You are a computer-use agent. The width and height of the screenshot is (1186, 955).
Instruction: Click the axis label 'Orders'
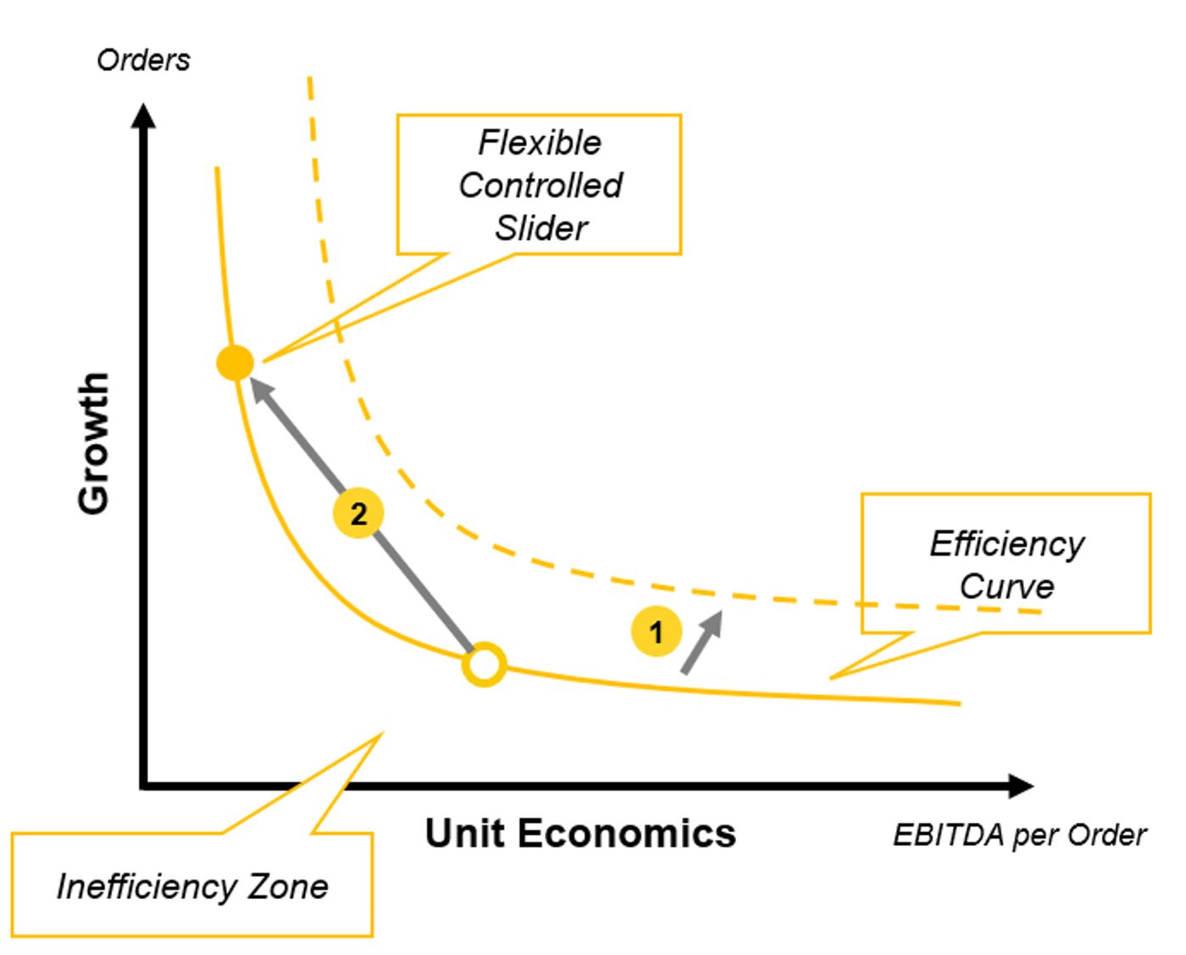(x=143, y=60)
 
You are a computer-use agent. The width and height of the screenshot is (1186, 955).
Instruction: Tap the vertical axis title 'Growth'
(x=94, y=442)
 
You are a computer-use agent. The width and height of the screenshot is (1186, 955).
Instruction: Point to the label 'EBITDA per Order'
(x=1019, y=836)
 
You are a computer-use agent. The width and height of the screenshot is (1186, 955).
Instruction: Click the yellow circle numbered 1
(x=656, y=631)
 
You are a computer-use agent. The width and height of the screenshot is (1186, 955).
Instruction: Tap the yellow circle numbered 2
(x=358, y=514)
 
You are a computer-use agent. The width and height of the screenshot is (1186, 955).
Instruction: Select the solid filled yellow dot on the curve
(x=235, y=363)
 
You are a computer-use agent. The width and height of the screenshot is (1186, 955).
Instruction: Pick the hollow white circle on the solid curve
(x=485, y=664)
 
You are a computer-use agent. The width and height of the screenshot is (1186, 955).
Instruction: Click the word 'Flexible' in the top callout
(x=540, y=142)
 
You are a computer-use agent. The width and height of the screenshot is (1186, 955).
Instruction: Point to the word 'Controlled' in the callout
(x=540, y=185)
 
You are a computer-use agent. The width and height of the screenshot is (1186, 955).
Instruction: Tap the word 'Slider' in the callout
(x=541, y=228)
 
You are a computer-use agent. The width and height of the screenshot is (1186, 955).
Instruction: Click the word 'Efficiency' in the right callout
(x=1006, y=543)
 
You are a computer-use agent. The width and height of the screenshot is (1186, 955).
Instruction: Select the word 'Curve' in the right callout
(x=1006, y=586)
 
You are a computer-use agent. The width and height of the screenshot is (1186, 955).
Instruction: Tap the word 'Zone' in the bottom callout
(x=288, y=886)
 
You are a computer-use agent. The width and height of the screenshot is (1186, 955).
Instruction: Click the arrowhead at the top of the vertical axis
(x=144, y=116)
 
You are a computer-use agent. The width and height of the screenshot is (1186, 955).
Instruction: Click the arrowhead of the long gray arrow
(x=262, y=391)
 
